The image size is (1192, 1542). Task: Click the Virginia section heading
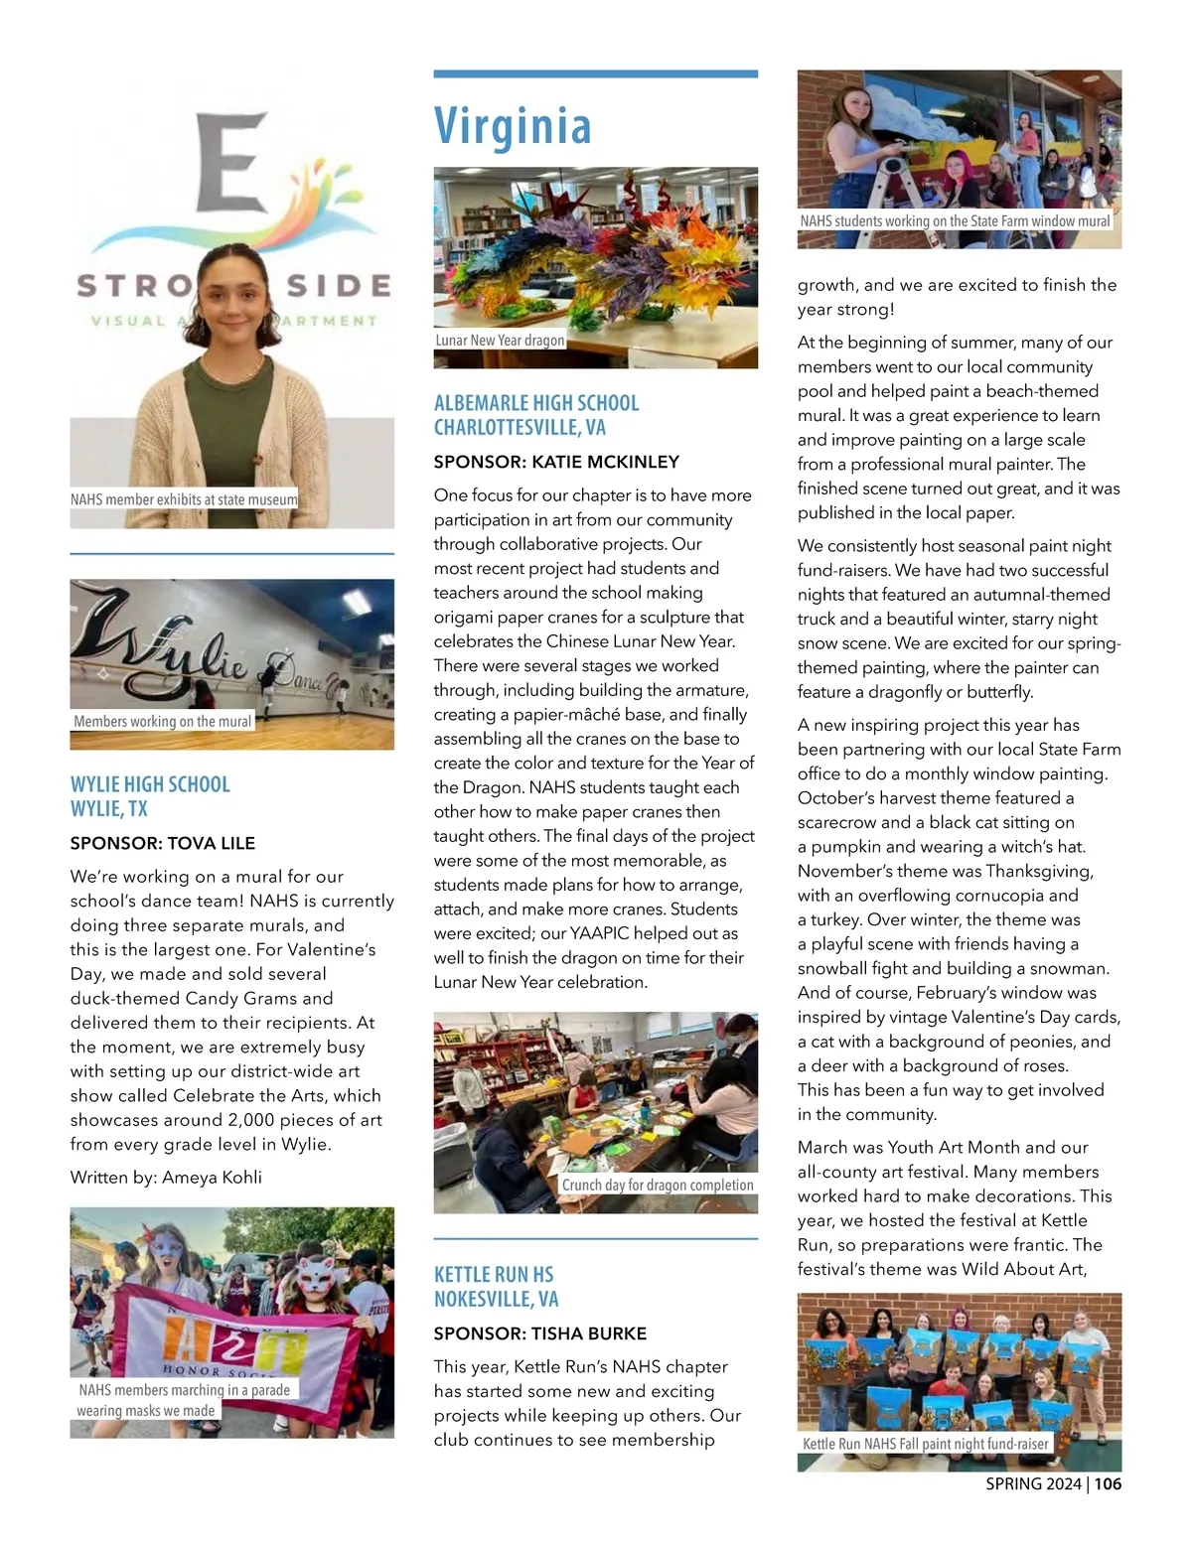tap(513, 126)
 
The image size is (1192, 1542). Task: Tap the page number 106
tap(1108, 1484)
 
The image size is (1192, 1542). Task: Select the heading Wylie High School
tap(150, 784)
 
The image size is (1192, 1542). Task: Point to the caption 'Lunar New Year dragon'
tap(500, 341)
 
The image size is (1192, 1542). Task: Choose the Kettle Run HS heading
tap(494, 1274)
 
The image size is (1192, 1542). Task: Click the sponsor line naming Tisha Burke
tap(540, 1333)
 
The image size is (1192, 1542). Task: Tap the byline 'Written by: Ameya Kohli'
tap(166, 1178)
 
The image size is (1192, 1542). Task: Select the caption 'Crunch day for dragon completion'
tap(658, 1185)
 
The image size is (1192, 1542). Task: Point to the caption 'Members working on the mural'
tap(163, 722)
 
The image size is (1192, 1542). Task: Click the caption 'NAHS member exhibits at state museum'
tap(184, 499)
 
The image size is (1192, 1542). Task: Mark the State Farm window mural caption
tap(955, 221)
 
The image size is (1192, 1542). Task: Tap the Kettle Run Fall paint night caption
tap(926, 1444)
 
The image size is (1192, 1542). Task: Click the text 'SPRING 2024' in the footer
tap(1033, 1484)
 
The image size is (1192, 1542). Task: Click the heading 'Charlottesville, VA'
tap(520, 427)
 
